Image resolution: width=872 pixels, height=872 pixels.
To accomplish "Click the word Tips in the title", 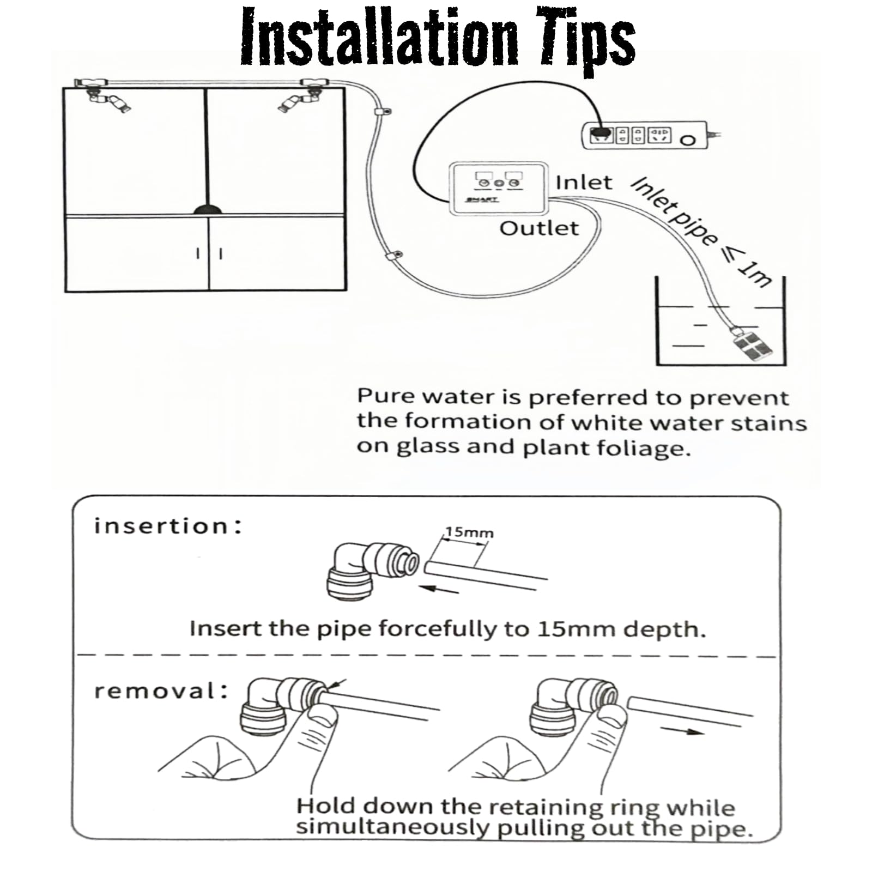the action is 588,39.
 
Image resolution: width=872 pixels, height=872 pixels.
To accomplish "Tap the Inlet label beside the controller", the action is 584,183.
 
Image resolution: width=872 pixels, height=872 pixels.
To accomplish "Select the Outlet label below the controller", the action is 539,228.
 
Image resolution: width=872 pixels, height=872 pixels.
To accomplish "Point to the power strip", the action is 645,136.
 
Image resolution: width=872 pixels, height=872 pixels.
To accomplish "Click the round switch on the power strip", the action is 689,140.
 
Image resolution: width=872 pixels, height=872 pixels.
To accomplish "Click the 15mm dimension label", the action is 469,532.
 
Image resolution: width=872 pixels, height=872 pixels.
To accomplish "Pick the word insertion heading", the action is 167,526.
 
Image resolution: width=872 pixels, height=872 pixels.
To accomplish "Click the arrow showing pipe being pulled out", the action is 682,730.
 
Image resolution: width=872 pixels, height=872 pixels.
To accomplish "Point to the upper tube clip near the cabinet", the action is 383,112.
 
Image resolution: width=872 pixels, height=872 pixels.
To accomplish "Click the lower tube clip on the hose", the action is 393,255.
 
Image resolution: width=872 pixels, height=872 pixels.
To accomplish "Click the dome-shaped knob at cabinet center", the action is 207,209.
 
